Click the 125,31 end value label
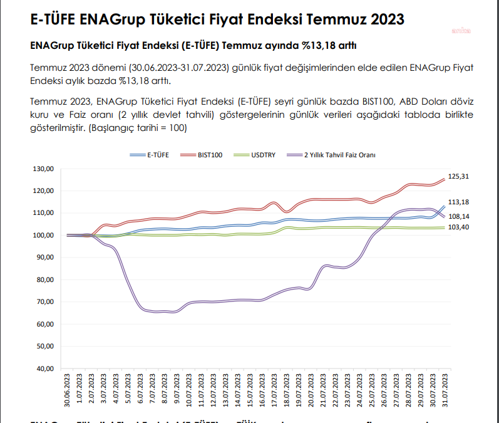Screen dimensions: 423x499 (x=460, y=177)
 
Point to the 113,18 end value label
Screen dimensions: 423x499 (x=460, y=202)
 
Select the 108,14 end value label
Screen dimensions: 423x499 (x=460, y=216)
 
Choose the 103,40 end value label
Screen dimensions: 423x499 (x=460, y=227)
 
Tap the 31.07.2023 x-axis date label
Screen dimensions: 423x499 (x=445, y=390)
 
